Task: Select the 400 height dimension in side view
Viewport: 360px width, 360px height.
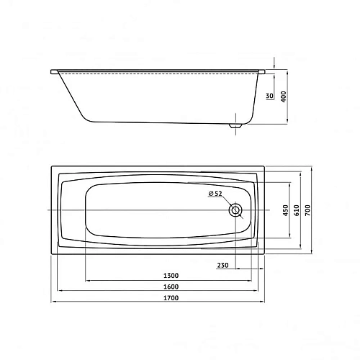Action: (283, 96)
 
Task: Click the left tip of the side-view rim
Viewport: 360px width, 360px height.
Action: (52, 71)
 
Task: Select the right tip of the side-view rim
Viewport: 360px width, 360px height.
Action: (264, 71)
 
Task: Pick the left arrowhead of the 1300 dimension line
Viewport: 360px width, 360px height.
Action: (88, 280)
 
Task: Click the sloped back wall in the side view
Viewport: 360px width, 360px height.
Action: (71, 94)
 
